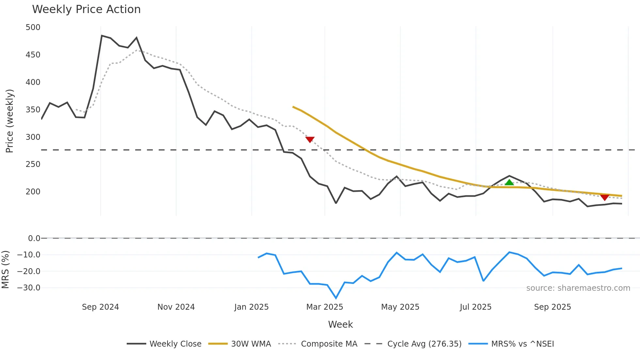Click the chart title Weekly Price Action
coord(86,9)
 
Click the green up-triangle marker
coord(509,182)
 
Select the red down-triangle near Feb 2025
coord(310,139)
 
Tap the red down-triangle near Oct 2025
coord(604,197)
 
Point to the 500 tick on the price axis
coord(33,27)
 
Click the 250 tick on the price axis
coord(33,164)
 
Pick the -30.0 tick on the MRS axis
coord(29,288)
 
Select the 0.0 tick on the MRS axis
coord(34,238)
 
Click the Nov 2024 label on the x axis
coord(176,307)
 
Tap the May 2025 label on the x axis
coord(400,307)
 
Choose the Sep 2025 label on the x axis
coord(552,307)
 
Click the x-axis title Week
coord(340,324)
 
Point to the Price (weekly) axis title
coord(9,121)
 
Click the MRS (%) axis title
coord(5,270)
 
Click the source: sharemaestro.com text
coord(578,288)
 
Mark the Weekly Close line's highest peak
coord(102,36)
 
